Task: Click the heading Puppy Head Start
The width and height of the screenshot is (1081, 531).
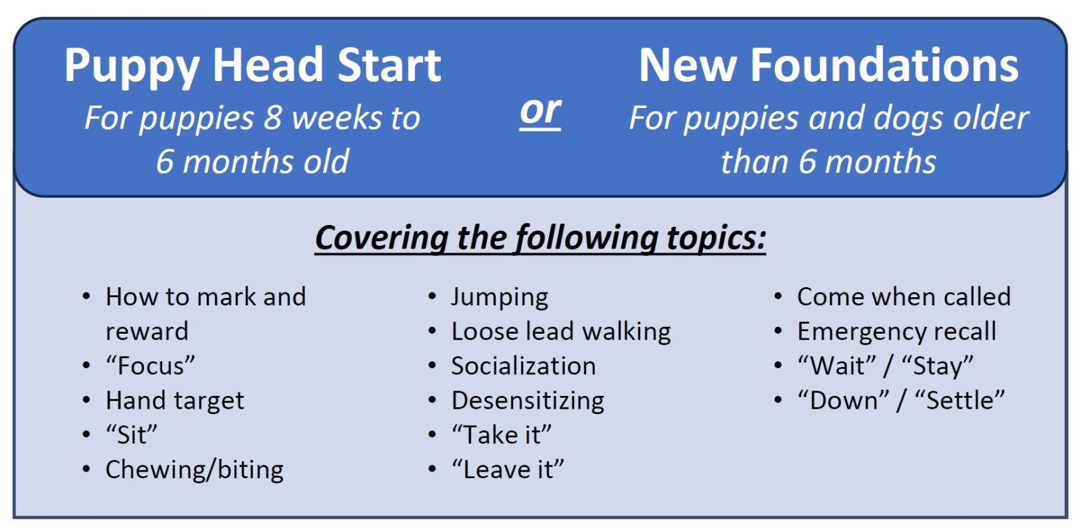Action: [252, 67]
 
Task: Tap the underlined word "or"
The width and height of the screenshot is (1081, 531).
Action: [540, 112]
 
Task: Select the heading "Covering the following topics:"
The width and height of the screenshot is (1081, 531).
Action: [540, 238]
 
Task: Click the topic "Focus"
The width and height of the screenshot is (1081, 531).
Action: [150, 365]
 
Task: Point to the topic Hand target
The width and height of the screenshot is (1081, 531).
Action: [174, 401]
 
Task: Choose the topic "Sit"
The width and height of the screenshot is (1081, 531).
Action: [131, 435]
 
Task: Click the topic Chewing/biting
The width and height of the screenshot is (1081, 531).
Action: [195, 470]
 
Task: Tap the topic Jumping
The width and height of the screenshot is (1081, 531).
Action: [500, 297]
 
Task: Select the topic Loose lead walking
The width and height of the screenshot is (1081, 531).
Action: [560, 332]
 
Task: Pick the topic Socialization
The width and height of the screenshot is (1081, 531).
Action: [524, 366]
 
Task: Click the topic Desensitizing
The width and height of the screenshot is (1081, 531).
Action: [527, 401]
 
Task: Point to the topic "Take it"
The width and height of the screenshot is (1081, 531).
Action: [502, 435]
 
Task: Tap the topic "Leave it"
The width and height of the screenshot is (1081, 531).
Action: [508, 470]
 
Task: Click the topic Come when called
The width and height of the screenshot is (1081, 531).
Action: [903, 297]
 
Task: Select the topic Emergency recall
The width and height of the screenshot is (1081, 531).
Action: [896, 332]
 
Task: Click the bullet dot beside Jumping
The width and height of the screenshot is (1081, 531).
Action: [432, 297]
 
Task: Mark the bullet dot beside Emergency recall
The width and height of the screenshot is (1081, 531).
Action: [777, 331]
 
